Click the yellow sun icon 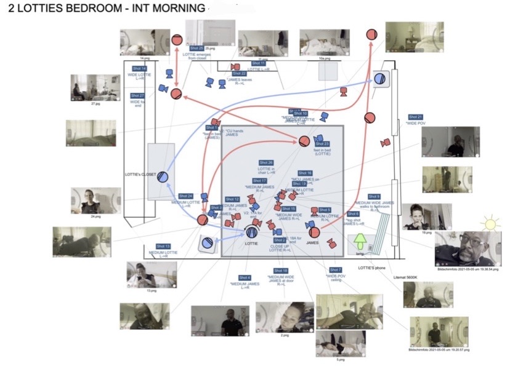click(x=490, y=222)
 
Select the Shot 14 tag click(x=139, y=68)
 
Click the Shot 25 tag click(x=196, y=48)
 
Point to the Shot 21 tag click(x=416, y=117)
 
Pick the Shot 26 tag click(x=266, y=162)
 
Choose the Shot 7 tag click(x=336, y=270)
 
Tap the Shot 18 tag click(x=280, y=271)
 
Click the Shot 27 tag click(x=137, y=96)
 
